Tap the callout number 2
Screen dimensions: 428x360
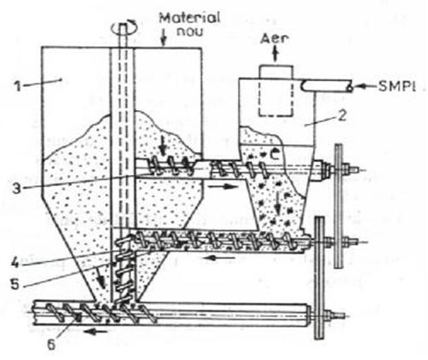(x=343, y=115)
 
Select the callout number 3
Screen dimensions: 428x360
(x=16, y=189)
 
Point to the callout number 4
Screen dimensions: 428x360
(x=14, y=262)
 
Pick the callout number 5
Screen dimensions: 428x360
(x=15, y=284)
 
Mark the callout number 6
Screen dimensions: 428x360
(x=51, y=345)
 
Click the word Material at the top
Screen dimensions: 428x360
(x=189, y=18)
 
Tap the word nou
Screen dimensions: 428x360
(x=190, y=31)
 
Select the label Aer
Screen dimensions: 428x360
(x=275, y=38)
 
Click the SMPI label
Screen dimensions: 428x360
(x=397, y=86)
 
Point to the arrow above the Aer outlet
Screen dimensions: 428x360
(x=275, y=55)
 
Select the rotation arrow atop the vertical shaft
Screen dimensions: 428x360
(x=125, y=27)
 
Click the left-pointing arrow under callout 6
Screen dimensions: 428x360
(x=97, y=331)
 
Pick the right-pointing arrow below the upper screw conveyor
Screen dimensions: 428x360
(x=223, y=187)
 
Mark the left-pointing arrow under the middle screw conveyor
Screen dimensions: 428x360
(x=221, y=258)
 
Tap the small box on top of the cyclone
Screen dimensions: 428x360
(x=276, y=72)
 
